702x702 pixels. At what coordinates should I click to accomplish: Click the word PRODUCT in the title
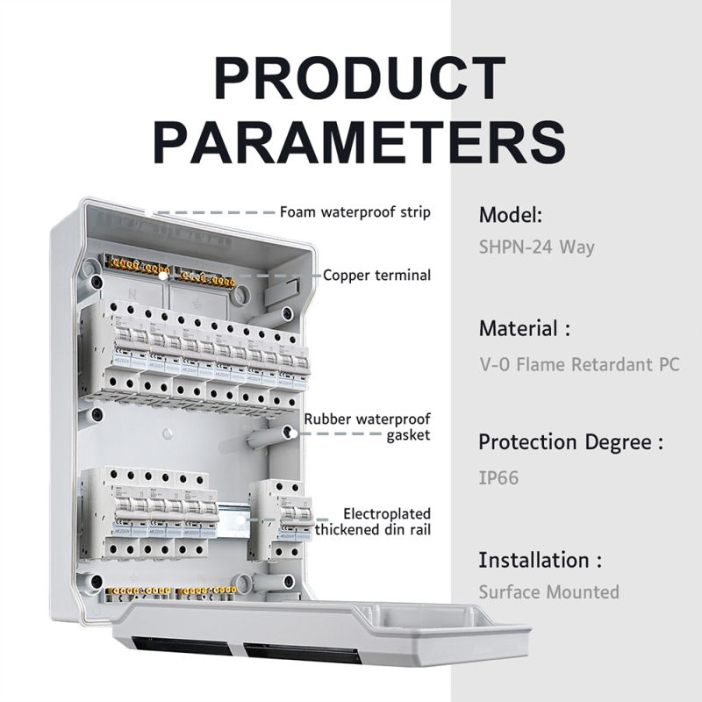(x=360, y=78)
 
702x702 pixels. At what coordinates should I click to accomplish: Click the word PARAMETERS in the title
(x=360, y=141)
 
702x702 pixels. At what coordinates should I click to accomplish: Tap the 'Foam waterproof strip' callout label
(x=355, y=211)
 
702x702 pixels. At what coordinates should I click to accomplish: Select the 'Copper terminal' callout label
(x=376, y=275)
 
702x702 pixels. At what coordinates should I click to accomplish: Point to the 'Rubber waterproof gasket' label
(x=367, y=426)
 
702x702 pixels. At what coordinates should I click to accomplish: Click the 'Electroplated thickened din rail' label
(x=372, y=521)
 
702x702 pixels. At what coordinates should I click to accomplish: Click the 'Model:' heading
(x=511, y=215)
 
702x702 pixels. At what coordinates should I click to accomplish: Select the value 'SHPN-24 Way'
(x=537, y=247)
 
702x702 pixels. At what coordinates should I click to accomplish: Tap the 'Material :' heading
(x=525, y=328)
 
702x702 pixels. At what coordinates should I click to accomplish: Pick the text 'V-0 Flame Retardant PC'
(x=579, y=364)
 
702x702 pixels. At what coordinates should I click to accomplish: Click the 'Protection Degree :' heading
(x=571, y=442)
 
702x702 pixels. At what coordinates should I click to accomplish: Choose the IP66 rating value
(x=498, y=477)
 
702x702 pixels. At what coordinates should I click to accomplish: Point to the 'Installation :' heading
(x=541, y=560)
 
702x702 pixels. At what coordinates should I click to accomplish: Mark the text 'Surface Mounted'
(x=549, y=591)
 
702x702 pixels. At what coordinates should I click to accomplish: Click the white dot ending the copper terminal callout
(x=163, y=276)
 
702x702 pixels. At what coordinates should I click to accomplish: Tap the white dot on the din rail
(x=240, y=520)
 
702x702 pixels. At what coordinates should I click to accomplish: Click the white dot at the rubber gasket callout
(x=292, y=433)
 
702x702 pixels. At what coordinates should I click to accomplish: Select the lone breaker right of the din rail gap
(x=281, y=519)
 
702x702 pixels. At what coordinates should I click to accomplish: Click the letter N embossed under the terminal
(x=133, y=295)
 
